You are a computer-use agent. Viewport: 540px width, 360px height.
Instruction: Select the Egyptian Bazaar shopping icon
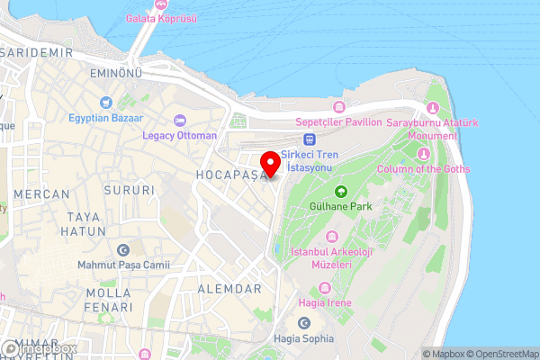coord(105,103)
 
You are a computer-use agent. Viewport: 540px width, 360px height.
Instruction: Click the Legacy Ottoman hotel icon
coord(180,121)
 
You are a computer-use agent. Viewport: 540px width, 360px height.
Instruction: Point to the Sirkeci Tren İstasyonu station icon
coord(310,139)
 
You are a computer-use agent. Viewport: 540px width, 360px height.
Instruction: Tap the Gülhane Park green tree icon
coord(341,191)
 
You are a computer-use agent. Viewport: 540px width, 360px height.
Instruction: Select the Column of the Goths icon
coord(421,153)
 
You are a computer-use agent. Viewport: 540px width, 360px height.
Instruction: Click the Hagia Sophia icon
coord(303,323)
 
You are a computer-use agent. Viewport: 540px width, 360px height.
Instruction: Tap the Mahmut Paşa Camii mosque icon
coord(123,249)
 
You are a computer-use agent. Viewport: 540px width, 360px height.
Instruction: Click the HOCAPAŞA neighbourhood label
coord(231,174)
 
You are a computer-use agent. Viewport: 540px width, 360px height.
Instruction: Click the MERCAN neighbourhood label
coord(41,193)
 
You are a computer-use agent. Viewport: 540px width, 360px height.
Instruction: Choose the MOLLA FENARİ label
coord(109,301)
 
